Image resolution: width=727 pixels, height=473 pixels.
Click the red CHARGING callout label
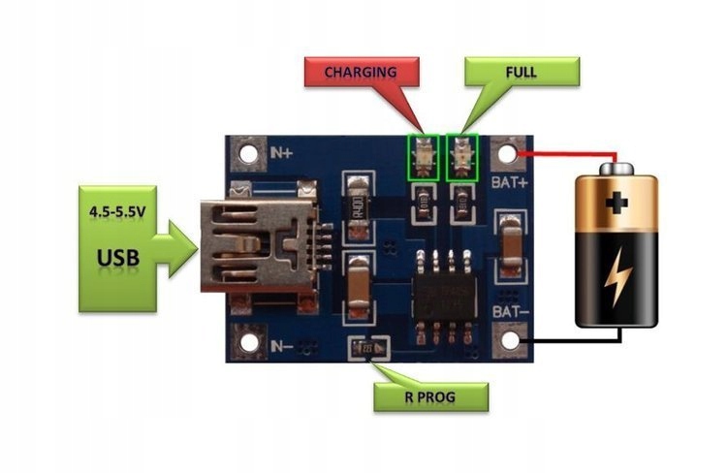tap(361, 72)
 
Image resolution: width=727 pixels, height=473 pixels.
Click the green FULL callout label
tap(522, 72)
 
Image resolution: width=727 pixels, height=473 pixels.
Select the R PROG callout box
tap(431, 396)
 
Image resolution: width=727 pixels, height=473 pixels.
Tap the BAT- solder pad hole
tap(509, 339)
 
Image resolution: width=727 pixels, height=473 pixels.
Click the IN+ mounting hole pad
tap(248, 154)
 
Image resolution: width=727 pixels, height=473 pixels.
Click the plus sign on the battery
tap(616, 205)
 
